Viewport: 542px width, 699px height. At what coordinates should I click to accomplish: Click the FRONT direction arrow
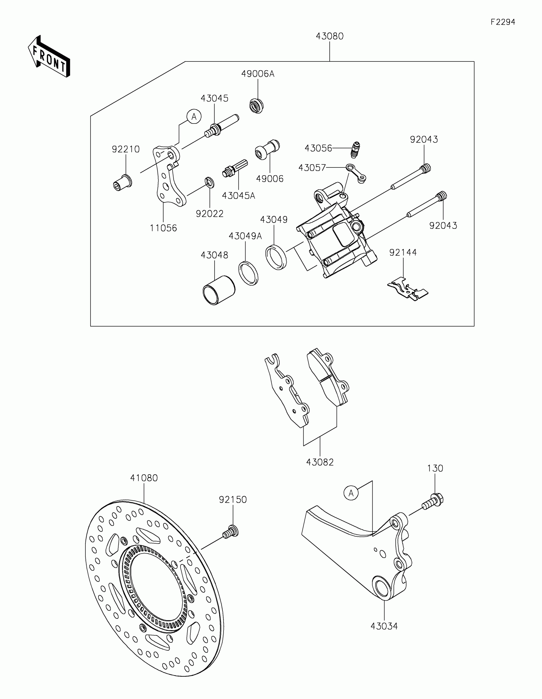tap(49, 57)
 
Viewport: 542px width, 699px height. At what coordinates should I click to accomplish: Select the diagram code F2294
tap(502, 22)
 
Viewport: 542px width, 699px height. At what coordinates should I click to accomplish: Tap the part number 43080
tap(329, 36)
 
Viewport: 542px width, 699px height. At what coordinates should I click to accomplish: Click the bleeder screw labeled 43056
tap(354, 150)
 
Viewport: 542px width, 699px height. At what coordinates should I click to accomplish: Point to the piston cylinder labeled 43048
tap(219, 290)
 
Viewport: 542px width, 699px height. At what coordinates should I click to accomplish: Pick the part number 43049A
tap(245, 236)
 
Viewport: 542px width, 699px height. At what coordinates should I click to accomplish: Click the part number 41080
tap(144, 478)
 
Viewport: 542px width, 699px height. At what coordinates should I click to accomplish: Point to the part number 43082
tap(320, 462)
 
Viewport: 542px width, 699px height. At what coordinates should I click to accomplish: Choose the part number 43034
tap(384, 626)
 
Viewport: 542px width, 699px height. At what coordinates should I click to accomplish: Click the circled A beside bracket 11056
tap(194, 117)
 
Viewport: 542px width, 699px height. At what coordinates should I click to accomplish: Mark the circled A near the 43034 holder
tap(351, 493)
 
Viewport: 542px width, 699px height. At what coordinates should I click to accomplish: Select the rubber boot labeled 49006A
tap(256, 106)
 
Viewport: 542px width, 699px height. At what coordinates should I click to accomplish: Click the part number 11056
tap(163, 228)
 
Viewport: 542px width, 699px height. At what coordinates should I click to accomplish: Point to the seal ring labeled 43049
tap(276, 256)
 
